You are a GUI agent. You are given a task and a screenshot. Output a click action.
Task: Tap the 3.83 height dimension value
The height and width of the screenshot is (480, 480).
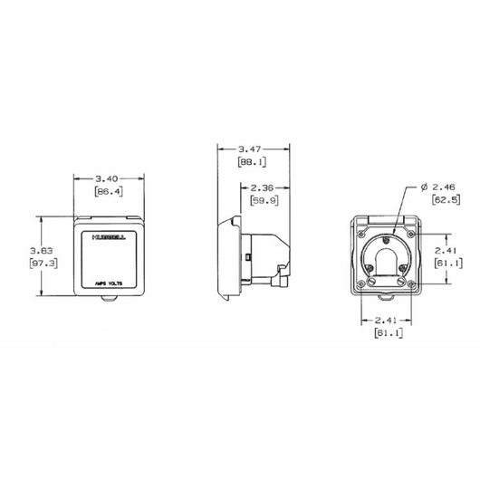[x=43, y=250]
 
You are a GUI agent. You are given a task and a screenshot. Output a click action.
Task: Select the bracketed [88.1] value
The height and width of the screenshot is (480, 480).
[x=251, y=163]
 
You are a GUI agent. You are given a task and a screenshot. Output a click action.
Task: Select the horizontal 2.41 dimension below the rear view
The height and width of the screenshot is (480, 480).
[x=386, y=321]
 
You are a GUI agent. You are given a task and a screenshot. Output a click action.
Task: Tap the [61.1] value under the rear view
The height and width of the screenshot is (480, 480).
[x=386, y=334]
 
